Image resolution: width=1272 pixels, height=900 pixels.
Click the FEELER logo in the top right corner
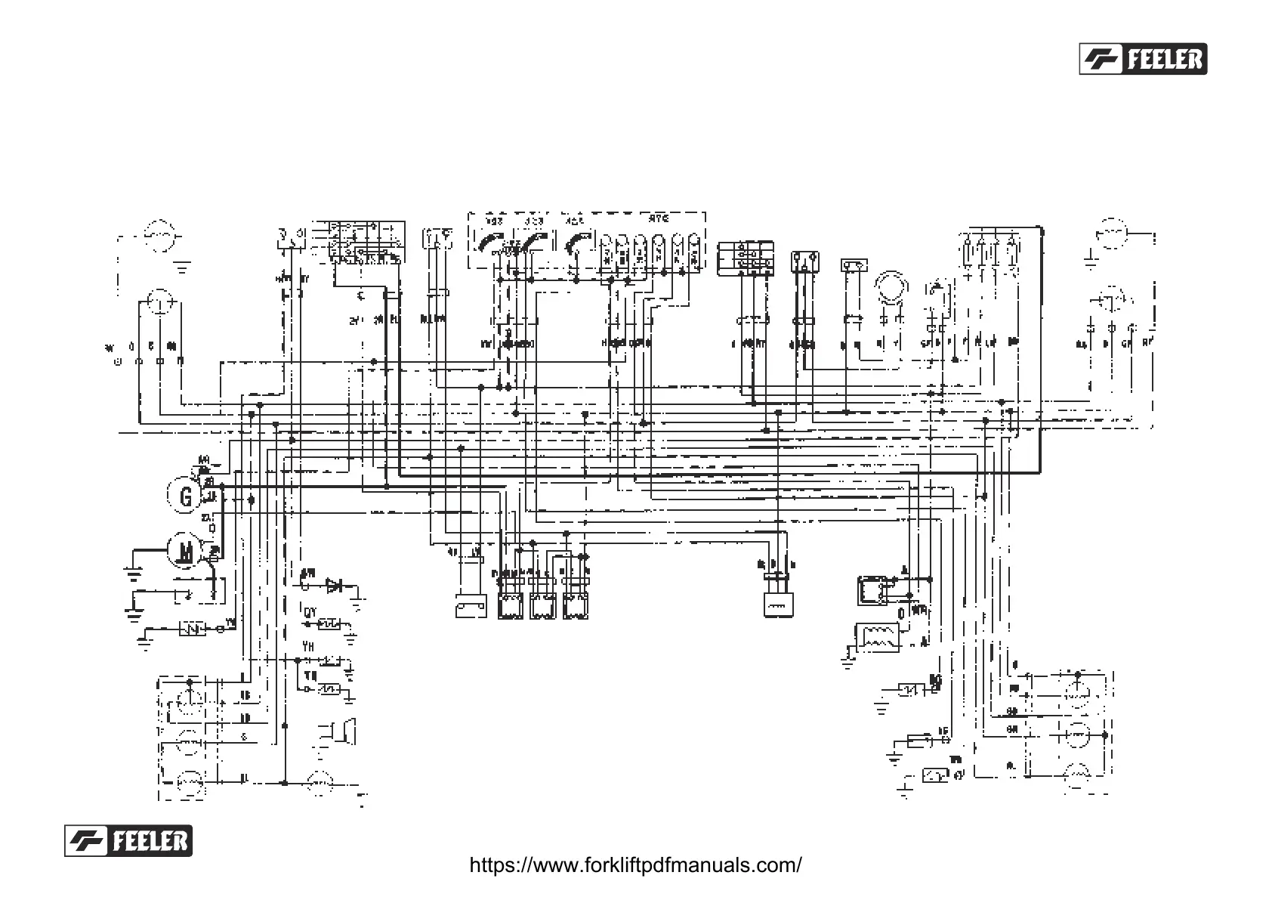point(1143,58)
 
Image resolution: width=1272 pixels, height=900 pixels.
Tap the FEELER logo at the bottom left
point(128,840)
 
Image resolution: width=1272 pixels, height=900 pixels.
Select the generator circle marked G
point(184,496)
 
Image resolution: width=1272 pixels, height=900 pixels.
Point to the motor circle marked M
point(184,549)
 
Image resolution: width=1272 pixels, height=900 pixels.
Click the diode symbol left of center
point(333,584)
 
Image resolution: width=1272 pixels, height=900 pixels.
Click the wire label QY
point(310,612)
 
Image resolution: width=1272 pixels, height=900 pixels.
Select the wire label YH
point(308,647)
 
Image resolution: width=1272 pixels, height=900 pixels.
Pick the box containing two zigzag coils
point(877,636)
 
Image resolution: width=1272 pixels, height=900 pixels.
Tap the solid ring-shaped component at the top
point(891,287)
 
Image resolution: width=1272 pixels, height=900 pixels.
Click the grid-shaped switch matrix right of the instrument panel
point(746,256)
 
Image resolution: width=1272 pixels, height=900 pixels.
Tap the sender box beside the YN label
point(192,628)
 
